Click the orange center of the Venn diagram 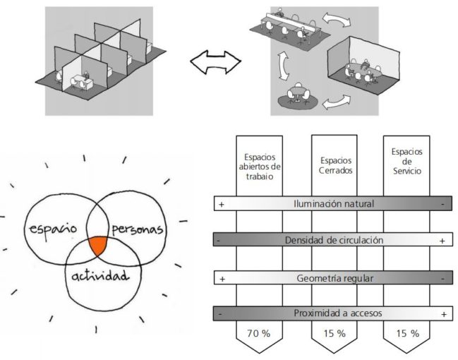pyautogui.click(x=98, y=246)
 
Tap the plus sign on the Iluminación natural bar pyautogui.click(x=222, y=204)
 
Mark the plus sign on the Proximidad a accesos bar pyautogui.click(x=443, y=313)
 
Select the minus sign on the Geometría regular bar pyautogui.click(x=442, y=278)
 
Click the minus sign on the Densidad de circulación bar pyautogui.click(x=221, y=241)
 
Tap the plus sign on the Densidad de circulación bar pyautogui.click(x=442, y=241)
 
